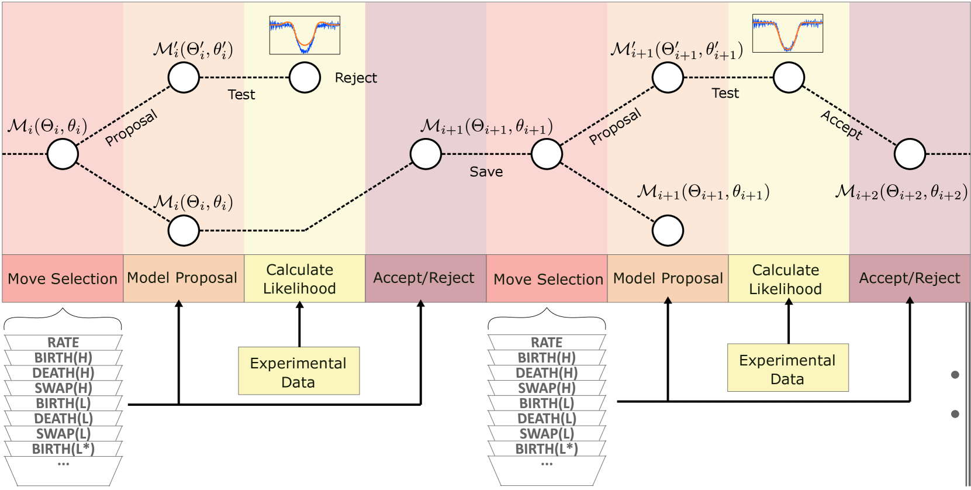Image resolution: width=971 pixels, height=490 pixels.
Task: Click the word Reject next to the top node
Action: coord(355,78)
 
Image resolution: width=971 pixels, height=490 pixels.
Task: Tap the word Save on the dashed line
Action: coord(486,171)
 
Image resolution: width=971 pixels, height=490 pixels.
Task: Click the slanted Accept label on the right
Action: coord(841,125)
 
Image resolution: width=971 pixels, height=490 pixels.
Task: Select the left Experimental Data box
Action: coord(299,371)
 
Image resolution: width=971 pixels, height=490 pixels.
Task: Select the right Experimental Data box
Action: coord(787,368)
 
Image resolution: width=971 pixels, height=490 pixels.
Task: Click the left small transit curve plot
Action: coord(305,35)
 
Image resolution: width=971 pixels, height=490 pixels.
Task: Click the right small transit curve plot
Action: coord(787,33)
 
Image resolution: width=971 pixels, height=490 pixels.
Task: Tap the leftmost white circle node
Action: coord(63,154)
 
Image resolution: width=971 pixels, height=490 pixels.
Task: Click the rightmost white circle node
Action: coord(910,154)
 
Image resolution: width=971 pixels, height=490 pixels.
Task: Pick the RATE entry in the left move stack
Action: coord(63,342)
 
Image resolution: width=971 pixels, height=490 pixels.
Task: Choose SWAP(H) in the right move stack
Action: coord(547,388)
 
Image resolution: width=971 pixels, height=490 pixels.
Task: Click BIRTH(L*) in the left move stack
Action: coord(63,449)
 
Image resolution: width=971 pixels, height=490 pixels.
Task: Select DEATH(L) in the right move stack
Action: coord(547,419)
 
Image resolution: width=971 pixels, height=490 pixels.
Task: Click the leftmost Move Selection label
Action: coord(63,279)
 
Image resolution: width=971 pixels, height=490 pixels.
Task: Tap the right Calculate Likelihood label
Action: coord(785,279)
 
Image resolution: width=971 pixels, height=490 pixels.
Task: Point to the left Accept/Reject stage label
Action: coord(424,278)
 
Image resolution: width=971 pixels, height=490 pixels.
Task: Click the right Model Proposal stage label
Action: coord(668,278)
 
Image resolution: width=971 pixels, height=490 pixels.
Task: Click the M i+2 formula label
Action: coord(901,192)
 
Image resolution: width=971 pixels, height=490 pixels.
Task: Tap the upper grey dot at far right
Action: coord(955,375)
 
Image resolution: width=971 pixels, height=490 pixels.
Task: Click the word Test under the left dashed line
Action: coord(241,94)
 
